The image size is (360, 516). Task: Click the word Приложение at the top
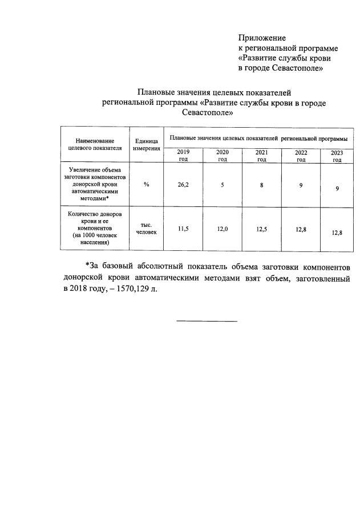coord(262,38)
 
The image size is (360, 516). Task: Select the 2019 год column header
coord(183,156)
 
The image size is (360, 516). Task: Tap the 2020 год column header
coord(222,156)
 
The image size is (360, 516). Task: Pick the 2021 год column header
coord(261,156)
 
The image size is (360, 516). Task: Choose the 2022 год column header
coord(301,156)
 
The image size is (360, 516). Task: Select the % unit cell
coord(147,185)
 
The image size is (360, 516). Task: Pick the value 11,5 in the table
coord(183,229)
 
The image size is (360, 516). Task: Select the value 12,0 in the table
coord(222,229)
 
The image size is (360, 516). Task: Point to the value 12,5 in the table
coord(261,229)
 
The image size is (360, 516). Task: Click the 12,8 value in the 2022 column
coord(301,229)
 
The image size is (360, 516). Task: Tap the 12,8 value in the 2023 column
coord(337,232)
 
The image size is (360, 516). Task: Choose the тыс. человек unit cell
coord(147,229)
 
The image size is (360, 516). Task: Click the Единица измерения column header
coord(147,144)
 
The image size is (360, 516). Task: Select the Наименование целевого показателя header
coord(95,144)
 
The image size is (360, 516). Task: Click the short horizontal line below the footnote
coord(207,321)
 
